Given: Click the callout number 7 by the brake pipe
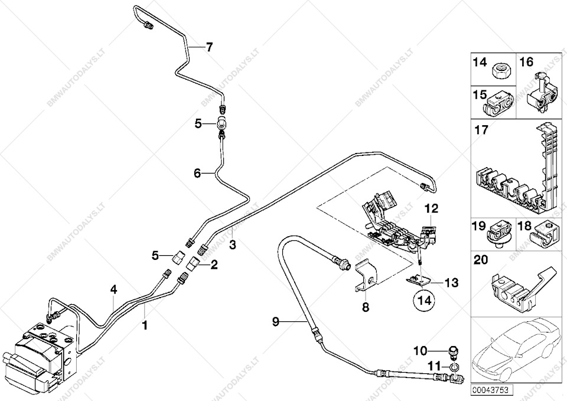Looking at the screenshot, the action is (x=209, y=47).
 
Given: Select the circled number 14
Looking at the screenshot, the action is (x=425, y=300).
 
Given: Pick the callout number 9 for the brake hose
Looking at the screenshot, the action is (x=276, y=322).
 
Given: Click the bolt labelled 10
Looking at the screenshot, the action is (x=453, y=353).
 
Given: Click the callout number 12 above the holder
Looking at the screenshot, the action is (x=432, y=208).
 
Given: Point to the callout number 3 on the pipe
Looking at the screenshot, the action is (x=233, y=245).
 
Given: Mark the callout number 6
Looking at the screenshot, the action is (x=197, y=174).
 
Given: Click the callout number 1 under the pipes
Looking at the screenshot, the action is (x=145, y=325).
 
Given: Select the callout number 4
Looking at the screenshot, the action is (x=114, y=289).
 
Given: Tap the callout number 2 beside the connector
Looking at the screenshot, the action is (x=214, y=266).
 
